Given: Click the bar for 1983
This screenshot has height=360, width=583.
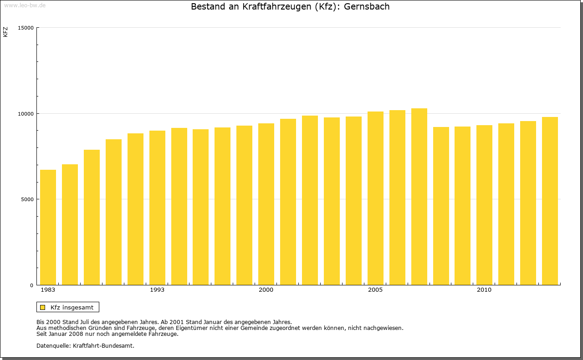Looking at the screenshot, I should [x=48, y=228].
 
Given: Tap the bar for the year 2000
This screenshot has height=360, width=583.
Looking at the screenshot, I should [x=266, y=204].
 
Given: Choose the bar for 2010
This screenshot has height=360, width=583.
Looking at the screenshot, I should [x=484, y=205].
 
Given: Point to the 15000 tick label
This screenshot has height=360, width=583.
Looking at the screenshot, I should [x=26, y=28].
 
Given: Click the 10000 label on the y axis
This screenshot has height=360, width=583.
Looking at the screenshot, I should [x=26, y=113].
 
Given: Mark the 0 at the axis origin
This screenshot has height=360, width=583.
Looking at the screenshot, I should [x=32, y=285].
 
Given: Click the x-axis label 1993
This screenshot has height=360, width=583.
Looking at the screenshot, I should [x=157, y=290].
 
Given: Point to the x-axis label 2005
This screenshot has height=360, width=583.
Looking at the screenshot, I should [x=375, y=290].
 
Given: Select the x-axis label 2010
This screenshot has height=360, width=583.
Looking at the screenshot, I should [x=484, y=290].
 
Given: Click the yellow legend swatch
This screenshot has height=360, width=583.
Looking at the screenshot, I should [x=43, y=307].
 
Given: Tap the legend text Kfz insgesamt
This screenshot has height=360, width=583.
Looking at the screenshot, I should [x=72, y=307].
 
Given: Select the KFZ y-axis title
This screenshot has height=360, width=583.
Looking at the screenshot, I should [x=5, y=32].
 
